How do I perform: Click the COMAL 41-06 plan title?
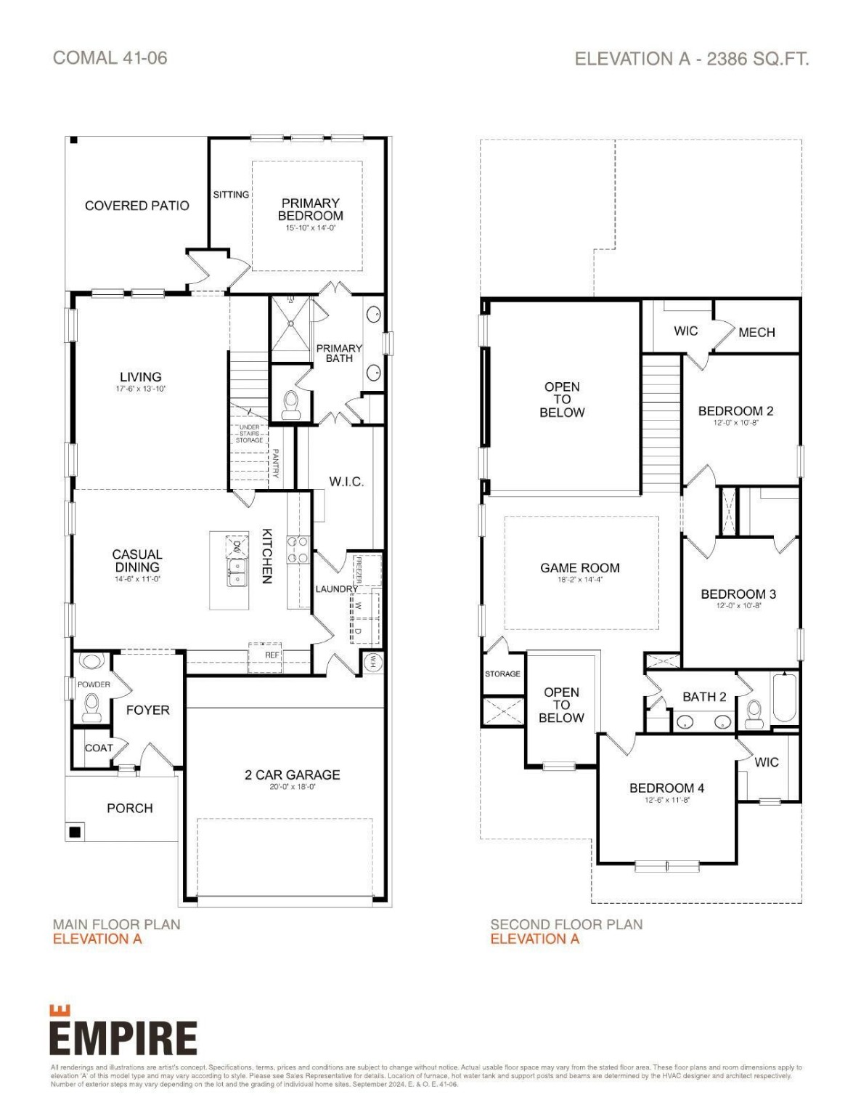tap(110, 58)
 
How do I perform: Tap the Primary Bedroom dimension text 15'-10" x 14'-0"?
tap(311, 228)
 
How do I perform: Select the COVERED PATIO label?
tap(136, 206)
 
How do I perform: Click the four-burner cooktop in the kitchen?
tap(298, 550)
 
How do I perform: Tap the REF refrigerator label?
tap(272, 655)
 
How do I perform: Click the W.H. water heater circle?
tap(372, 661)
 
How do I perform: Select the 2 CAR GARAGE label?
tap(292, 775)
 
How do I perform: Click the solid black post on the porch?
tap(74, 832)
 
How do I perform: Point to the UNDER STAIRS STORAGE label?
tap(249, 434)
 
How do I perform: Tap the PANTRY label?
tap(276, 463)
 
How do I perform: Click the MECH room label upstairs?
tap(756, 332)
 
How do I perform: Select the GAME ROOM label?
tap(579, 567)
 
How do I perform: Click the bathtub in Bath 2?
tap(784, 697)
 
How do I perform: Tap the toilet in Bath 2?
tap(754, 711)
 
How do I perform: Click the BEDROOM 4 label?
tap(666, 788)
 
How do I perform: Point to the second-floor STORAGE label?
tap(502, 674)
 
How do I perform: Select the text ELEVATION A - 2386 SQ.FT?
tap(691, 59)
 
